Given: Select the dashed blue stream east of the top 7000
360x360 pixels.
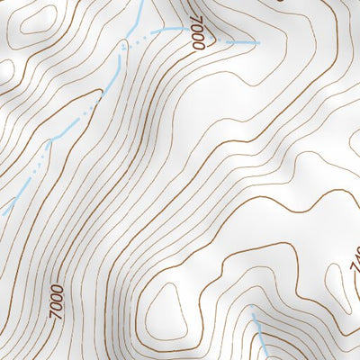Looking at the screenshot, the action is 236,41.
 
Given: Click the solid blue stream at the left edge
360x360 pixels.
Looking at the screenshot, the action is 9,205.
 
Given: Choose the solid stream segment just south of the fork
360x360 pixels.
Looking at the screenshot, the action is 119,58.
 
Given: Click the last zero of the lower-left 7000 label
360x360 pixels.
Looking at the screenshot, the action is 57,288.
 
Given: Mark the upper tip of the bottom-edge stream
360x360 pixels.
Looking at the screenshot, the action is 253,317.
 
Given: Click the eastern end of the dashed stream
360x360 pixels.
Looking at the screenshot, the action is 258,42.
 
